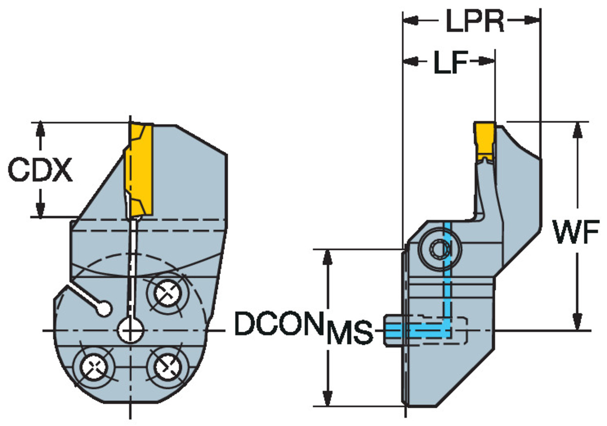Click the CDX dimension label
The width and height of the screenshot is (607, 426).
(x=40, y=170)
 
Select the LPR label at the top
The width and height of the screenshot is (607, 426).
(x=474, y=21)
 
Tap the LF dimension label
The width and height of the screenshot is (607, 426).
(x=450, y=62)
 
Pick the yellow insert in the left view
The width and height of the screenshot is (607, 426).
(x=140, y=170)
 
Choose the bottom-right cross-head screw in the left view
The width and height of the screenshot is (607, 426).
(x=168, y=367)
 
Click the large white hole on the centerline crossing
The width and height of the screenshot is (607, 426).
(x=130, y=330)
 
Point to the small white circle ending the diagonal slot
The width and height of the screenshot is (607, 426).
(x=104, y=309)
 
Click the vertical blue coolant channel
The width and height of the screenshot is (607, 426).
(x=447, y=275)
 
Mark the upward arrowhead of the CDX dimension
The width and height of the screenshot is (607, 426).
(x=40, y=129)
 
